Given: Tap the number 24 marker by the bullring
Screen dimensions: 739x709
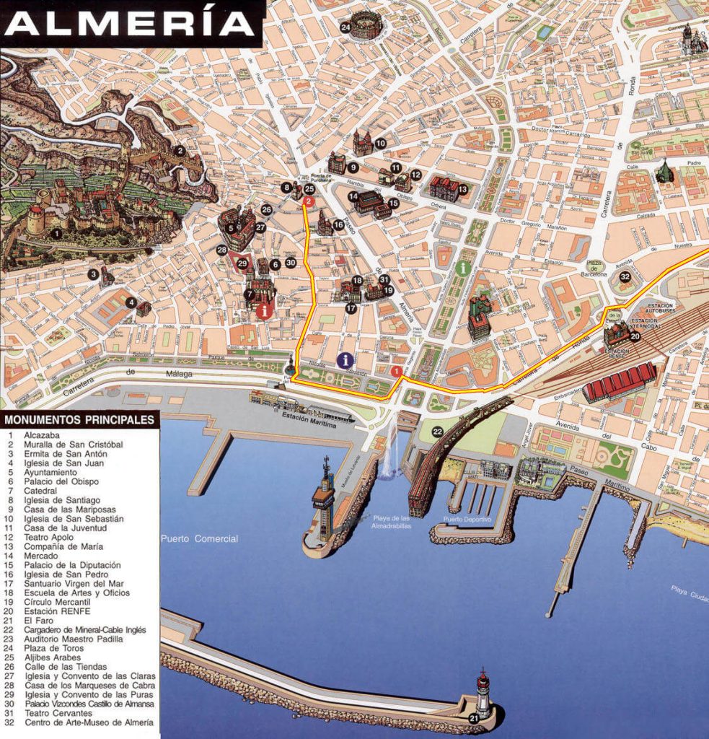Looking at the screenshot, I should (345, 28).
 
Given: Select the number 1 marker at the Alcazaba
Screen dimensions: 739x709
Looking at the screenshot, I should (56, 233).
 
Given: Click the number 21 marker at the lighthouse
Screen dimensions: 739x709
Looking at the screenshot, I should (473, 718).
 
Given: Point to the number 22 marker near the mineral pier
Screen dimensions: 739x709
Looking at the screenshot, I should (437, 432).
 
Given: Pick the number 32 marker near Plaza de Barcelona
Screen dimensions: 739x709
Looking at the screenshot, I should (625, 276).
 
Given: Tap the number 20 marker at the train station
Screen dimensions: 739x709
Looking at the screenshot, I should (635, 335).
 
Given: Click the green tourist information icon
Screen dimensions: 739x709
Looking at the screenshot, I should (462, 268).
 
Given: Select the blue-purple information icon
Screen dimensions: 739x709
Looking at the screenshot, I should (347, 359).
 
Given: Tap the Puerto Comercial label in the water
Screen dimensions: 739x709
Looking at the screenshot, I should (199, 538).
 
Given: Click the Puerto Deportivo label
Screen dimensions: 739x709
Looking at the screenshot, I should (467, 519).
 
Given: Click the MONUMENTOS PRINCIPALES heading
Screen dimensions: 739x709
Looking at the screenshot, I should (79, 419).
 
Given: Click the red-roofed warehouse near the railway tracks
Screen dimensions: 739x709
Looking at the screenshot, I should (619, 380).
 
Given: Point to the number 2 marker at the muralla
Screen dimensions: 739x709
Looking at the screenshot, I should (180, 151).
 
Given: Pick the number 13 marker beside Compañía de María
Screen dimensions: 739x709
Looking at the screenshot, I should (462, 189).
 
